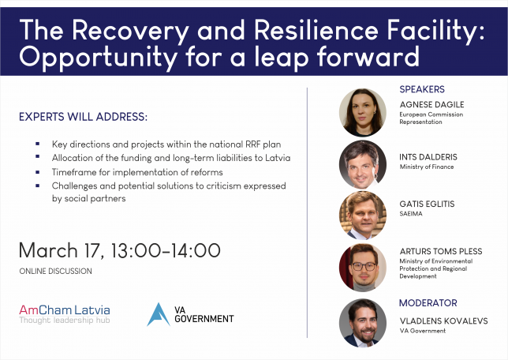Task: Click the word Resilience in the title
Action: [316, 30]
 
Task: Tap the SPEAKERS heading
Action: [422, 89]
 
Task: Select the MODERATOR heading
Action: [428, 303]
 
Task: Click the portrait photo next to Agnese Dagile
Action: [363, 113]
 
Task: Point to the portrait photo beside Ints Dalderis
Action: [363, 164]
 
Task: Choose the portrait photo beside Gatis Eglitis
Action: [363, 215]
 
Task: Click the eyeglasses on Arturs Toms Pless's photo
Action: [364, 267]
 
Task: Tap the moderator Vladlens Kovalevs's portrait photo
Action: [363, 323]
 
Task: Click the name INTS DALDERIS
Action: [428, 157]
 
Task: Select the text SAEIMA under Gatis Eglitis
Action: [411, 214]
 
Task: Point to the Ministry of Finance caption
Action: [426, 167]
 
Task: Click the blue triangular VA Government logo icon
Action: [158, 314]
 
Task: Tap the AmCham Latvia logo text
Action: [65, 310]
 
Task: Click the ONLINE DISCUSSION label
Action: [55, 271]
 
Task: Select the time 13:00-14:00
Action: [166, 251]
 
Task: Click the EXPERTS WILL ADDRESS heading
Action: [84, 117]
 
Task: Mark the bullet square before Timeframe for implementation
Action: [38, 172]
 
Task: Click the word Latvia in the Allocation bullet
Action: [278, 158]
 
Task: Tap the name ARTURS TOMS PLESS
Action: [441, 251]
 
